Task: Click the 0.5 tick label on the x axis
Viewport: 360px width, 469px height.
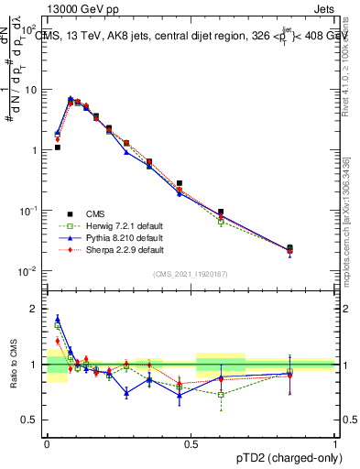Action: [191, 442]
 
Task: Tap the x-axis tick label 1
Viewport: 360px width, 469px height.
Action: [335, 442]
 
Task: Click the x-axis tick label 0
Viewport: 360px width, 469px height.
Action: [47, 442]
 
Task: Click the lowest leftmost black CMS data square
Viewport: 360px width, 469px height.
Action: [57, 147]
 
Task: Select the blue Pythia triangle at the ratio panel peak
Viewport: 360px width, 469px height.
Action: [57, 319]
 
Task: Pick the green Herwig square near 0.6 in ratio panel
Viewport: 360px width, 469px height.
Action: [221, 395]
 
